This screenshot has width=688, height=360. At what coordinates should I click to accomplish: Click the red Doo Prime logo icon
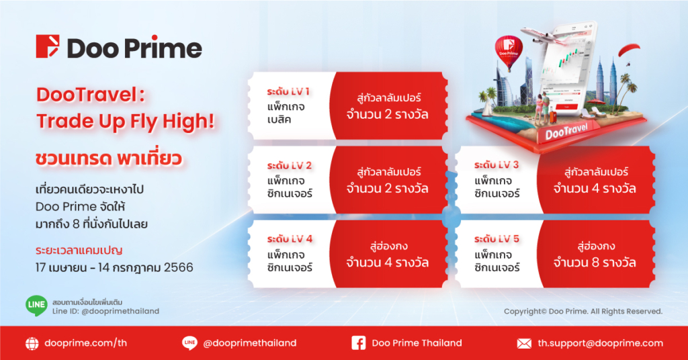(48, 46)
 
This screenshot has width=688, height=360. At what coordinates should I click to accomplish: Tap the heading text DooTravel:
(91, 95)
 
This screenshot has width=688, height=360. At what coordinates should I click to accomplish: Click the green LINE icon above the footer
(36, 306)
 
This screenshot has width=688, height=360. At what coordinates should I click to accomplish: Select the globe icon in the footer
(32, 344)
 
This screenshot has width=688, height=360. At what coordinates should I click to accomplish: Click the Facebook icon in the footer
(359, 343)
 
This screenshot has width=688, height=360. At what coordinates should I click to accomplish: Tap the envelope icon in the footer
(524, 343)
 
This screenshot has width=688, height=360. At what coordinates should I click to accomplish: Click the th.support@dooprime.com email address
(600, 343)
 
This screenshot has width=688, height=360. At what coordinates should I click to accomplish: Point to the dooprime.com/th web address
(85, 343)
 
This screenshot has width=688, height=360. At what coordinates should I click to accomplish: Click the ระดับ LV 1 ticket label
(288, 91)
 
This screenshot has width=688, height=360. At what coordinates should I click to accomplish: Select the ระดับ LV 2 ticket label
(289, 166)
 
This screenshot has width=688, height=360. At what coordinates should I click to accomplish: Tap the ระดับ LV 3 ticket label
(497, 165)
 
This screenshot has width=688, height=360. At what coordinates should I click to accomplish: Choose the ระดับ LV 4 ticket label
(290, 239)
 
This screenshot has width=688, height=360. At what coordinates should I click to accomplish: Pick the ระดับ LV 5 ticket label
(497, 239)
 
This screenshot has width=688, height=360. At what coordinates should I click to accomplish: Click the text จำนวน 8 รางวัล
(594, 263)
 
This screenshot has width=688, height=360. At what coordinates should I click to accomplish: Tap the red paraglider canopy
(629, 49)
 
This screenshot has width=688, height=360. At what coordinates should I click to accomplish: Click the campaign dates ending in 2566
(114, 267)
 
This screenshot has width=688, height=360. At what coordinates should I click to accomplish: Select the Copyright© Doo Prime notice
(583, 312)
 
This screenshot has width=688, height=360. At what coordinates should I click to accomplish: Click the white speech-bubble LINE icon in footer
(189, 343)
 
